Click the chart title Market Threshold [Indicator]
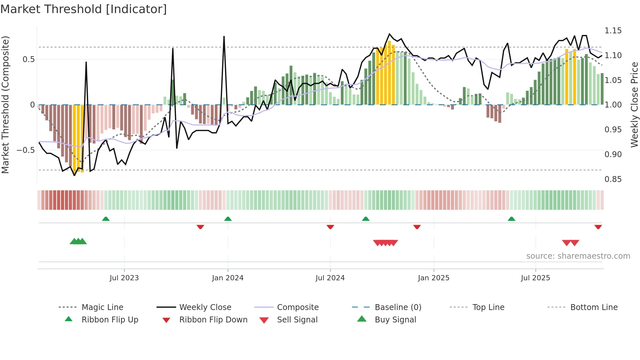pyautogui.click(x=84, y=9)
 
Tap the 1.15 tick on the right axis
pyautogui.click(x=613, y=31)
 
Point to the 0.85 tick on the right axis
pyautogui.click(x=613, y=179)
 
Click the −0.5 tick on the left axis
pyautogui.click(x=25, y=150)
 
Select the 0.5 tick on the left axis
pyautogui.click(x=28, y=59)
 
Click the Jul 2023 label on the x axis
pyautogui.click(x=124, y=278)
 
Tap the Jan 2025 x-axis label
pyautogui.click(x=433, y=278)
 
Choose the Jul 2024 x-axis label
pyautogui.click(x=330, y=278)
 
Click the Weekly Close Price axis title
pyautogui.click(x=634, y=105)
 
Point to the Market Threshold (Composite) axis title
pyautogui.click(x=5, y=105)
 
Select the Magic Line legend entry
pyautogui.click(x=102, y=307)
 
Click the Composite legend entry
pyautogui.click(x=297, y=307)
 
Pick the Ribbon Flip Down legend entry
pyautogui.click(x=213, y=320)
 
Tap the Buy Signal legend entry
pyautogui.click(x=395, y=320)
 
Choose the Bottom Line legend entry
pyautogui.click(x=594, y=307)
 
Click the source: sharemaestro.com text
pyautogui.click(x=578, y=256)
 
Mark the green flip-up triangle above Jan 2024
pyautogui.click(x=228, y=219)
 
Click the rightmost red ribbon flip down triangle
pyautogui.click(x=598, y=227)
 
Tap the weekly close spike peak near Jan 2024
pyautogui.click(x=224, y=37)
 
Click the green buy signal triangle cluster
pyautogui.click(x=78, y=241)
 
